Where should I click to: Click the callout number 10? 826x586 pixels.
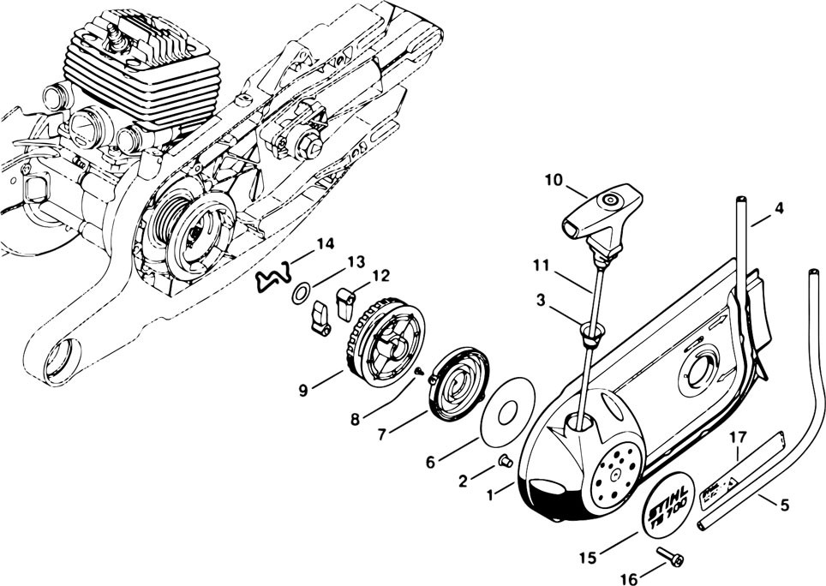553,180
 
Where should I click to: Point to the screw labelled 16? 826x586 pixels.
669,558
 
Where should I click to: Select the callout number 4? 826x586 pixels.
778,208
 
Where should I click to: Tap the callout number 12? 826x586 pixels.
380,276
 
